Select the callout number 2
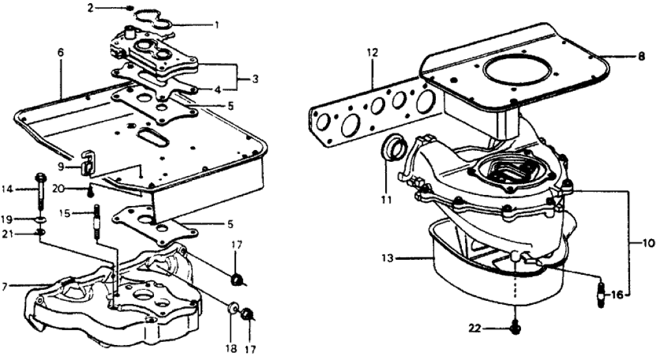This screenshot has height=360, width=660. pos(91,8)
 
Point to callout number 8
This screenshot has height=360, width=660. pos(641,57)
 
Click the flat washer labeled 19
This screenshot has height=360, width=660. pos(40,218)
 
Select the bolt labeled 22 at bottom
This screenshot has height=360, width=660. pos(515,329)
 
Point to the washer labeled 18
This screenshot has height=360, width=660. pos(232,307)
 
